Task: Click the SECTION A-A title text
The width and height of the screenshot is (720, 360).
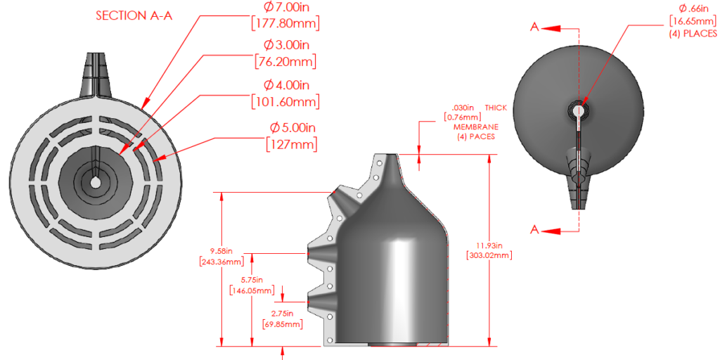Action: coord(133,16)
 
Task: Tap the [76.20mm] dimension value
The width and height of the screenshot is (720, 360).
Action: coord(284,61)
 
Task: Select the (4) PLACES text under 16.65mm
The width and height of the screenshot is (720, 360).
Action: coord(693,33)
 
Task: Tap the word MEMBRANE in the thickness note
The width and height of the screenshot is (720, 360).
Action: coord(476,127)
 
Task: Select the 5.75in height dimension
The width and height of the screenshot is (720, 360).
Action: coord(251,280)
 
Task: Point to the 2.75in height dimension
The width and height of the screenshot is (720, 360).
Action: coord(283,314)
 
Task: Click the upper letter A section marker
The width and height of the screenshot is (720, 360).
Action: coord(534,27)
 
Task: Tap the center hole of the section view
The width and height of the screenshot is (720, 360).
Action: coord(94,182)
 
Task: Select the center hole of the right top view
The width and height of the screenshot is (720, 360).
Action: coord(579,110)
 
